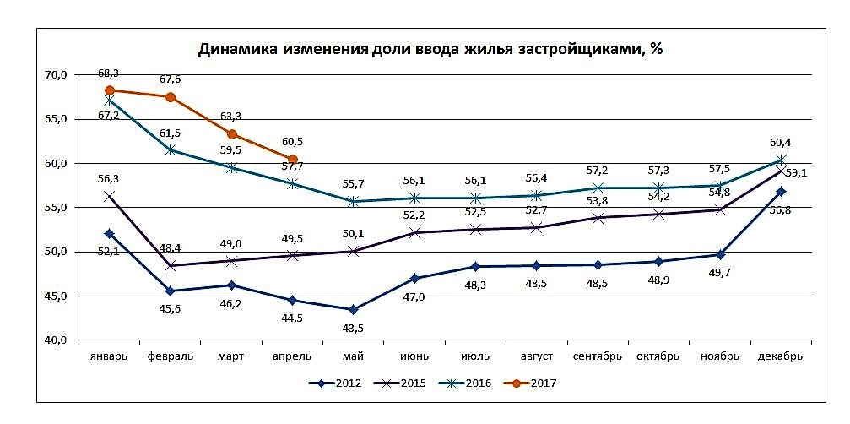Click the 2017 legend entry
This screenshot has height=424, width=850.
(x=531, y=383)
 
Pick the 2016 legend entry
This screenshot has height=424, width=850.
(x=465, y=383)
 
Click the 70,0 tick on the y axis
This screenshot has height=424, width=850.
(x=55, y=75)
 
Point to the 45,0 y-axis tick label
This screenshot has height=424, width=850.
(x=55, y=296)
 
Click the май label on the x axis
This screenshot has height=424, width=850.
(x=353, y=356)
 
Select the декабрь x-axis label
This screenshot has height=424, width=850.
(x=781, y=356)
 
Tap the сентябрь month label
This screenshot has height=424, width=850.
(x=598, y=356)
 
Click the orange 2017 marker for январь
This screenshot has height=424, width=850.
(x=110, y=90)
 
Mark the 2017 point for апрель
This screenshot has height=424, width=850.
(x=292, y=159)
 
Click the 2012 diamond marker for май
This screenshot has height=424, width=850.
(x=353, y=310)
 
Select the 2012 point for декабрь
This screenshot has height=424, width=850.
(x=781, y=192)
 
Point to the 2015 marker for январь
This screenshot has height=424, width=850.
(x=110, y=196)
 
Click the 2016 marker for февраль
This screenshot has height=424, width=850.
(x=171, y=149)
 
